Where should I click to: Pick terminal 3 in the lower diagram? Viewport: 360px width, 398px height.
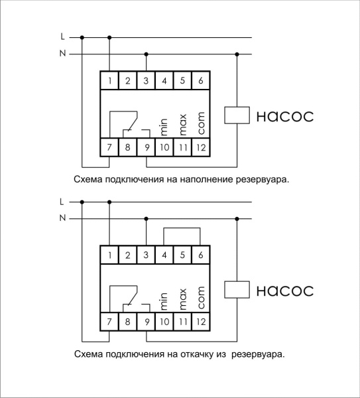click(146, 255)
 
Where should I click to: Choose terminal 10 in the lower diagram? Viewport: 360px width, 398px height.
click(164, 322)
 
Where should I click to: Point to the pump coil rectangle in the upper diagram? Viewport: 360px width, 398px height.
click(237, 115)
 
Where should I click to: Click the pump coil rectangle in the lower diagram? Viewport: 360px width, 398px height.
click(237, 290)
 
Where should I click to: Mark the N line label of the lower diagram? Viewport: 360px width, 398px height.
click(62, 217)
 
